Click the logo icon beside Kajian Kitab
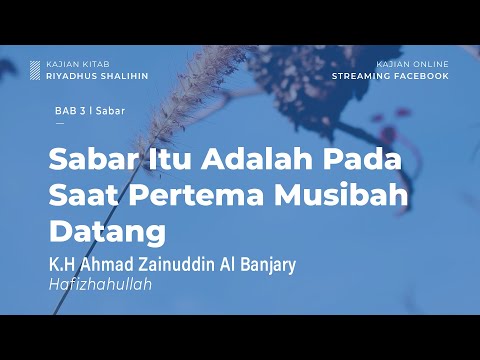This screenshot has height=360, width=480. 35,69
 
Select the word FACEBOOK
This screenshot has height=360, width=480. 421,75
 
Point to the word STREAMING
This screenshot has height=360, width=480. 361,75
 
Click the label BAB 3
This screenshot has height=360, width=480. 69,112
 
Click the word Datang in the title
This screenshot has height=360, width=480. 107,231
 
